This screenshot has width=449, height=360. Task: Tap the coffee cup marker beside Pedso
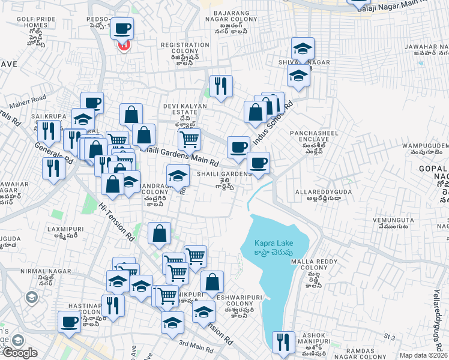[x=123, y=28]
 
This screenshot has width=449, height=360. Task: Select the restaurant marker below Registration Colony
[x=221, y=86]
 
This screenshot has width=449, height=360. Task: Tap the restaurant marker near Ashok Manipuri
[x=283, y=342]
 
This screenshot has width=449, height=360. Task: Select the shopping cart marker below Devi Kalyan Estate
[x=190, y=139]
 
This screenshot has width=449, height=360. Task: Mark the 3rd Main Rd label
[x=196, y=346]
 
